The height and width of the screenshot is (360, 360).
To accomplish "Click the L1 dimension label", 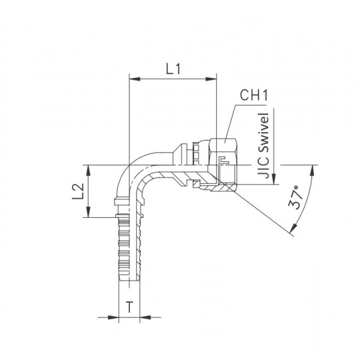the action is tap(173, 69).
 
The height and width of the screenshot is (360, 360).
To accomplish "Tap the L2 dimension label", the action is tap(78, 191).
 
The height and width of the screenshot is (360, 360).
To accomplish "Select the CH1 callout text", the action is tap(254, 95).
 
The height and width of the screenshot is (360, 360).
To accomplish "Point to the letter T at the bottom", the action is tap(129, 307).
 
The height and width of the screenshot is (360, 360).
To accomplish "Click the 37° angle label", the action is tap(296, 197).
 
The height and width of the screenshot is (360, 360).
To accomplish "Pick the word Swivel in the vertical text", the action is tap(263, 132).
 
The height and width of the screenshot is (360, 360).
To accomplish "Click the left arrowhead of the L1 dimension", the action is tap(135, 79).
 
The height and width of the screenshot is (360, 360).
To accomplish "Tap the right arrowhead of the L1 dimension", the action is tap(211, 79).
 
